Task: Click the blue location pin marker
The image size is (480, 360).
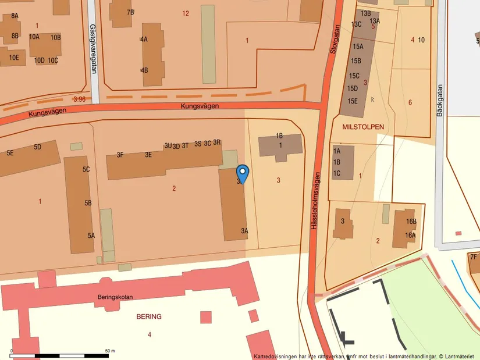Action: point(243,173)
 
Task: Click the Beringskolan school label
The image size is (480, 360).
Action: point(115,297)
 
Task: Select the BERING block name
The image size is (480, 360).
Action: point(149,316)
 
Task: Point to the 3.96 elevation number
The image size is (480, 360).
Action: point(80,99)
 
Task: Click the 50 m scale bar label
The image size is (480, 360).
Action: point(110,351)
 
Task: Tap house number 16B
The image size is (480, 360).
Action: point(411,222)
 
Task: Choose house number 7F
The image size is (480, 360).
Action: point(474,257)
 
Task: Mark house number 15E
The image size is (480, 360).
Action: point(353,101)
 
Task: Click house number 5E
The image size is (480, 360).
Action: point(10,153)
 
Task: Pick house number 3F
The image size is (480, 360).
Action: point(120,155)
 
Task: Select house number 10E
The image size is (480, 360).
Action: point(13,58)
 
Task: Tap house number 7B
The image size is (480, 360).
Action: point(130,12)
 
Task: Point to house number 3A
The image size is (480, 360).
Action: point(244,231)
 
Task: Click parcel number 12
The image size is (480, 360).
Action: point(186,13)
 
